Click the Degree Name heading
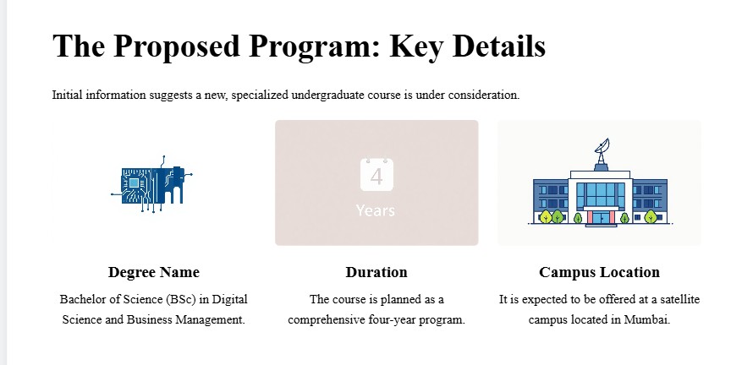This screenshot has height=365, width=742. pyautogui.click(x=154, y=272)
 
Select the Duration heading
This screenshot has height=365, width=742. pyautogui.click(x=376, y=272)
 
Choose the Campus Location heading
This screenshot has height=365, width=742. pyautogui.click(x=599, y=272)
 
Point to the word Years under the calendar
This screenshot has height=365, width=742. pyautogui.click(x=376, y=210)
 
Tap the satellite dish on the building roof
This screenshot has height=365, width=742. pyautogui.click(x=602, y=151)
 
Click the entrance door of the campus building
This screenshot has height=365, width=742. pyautogui.click(x=599, y=218)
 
